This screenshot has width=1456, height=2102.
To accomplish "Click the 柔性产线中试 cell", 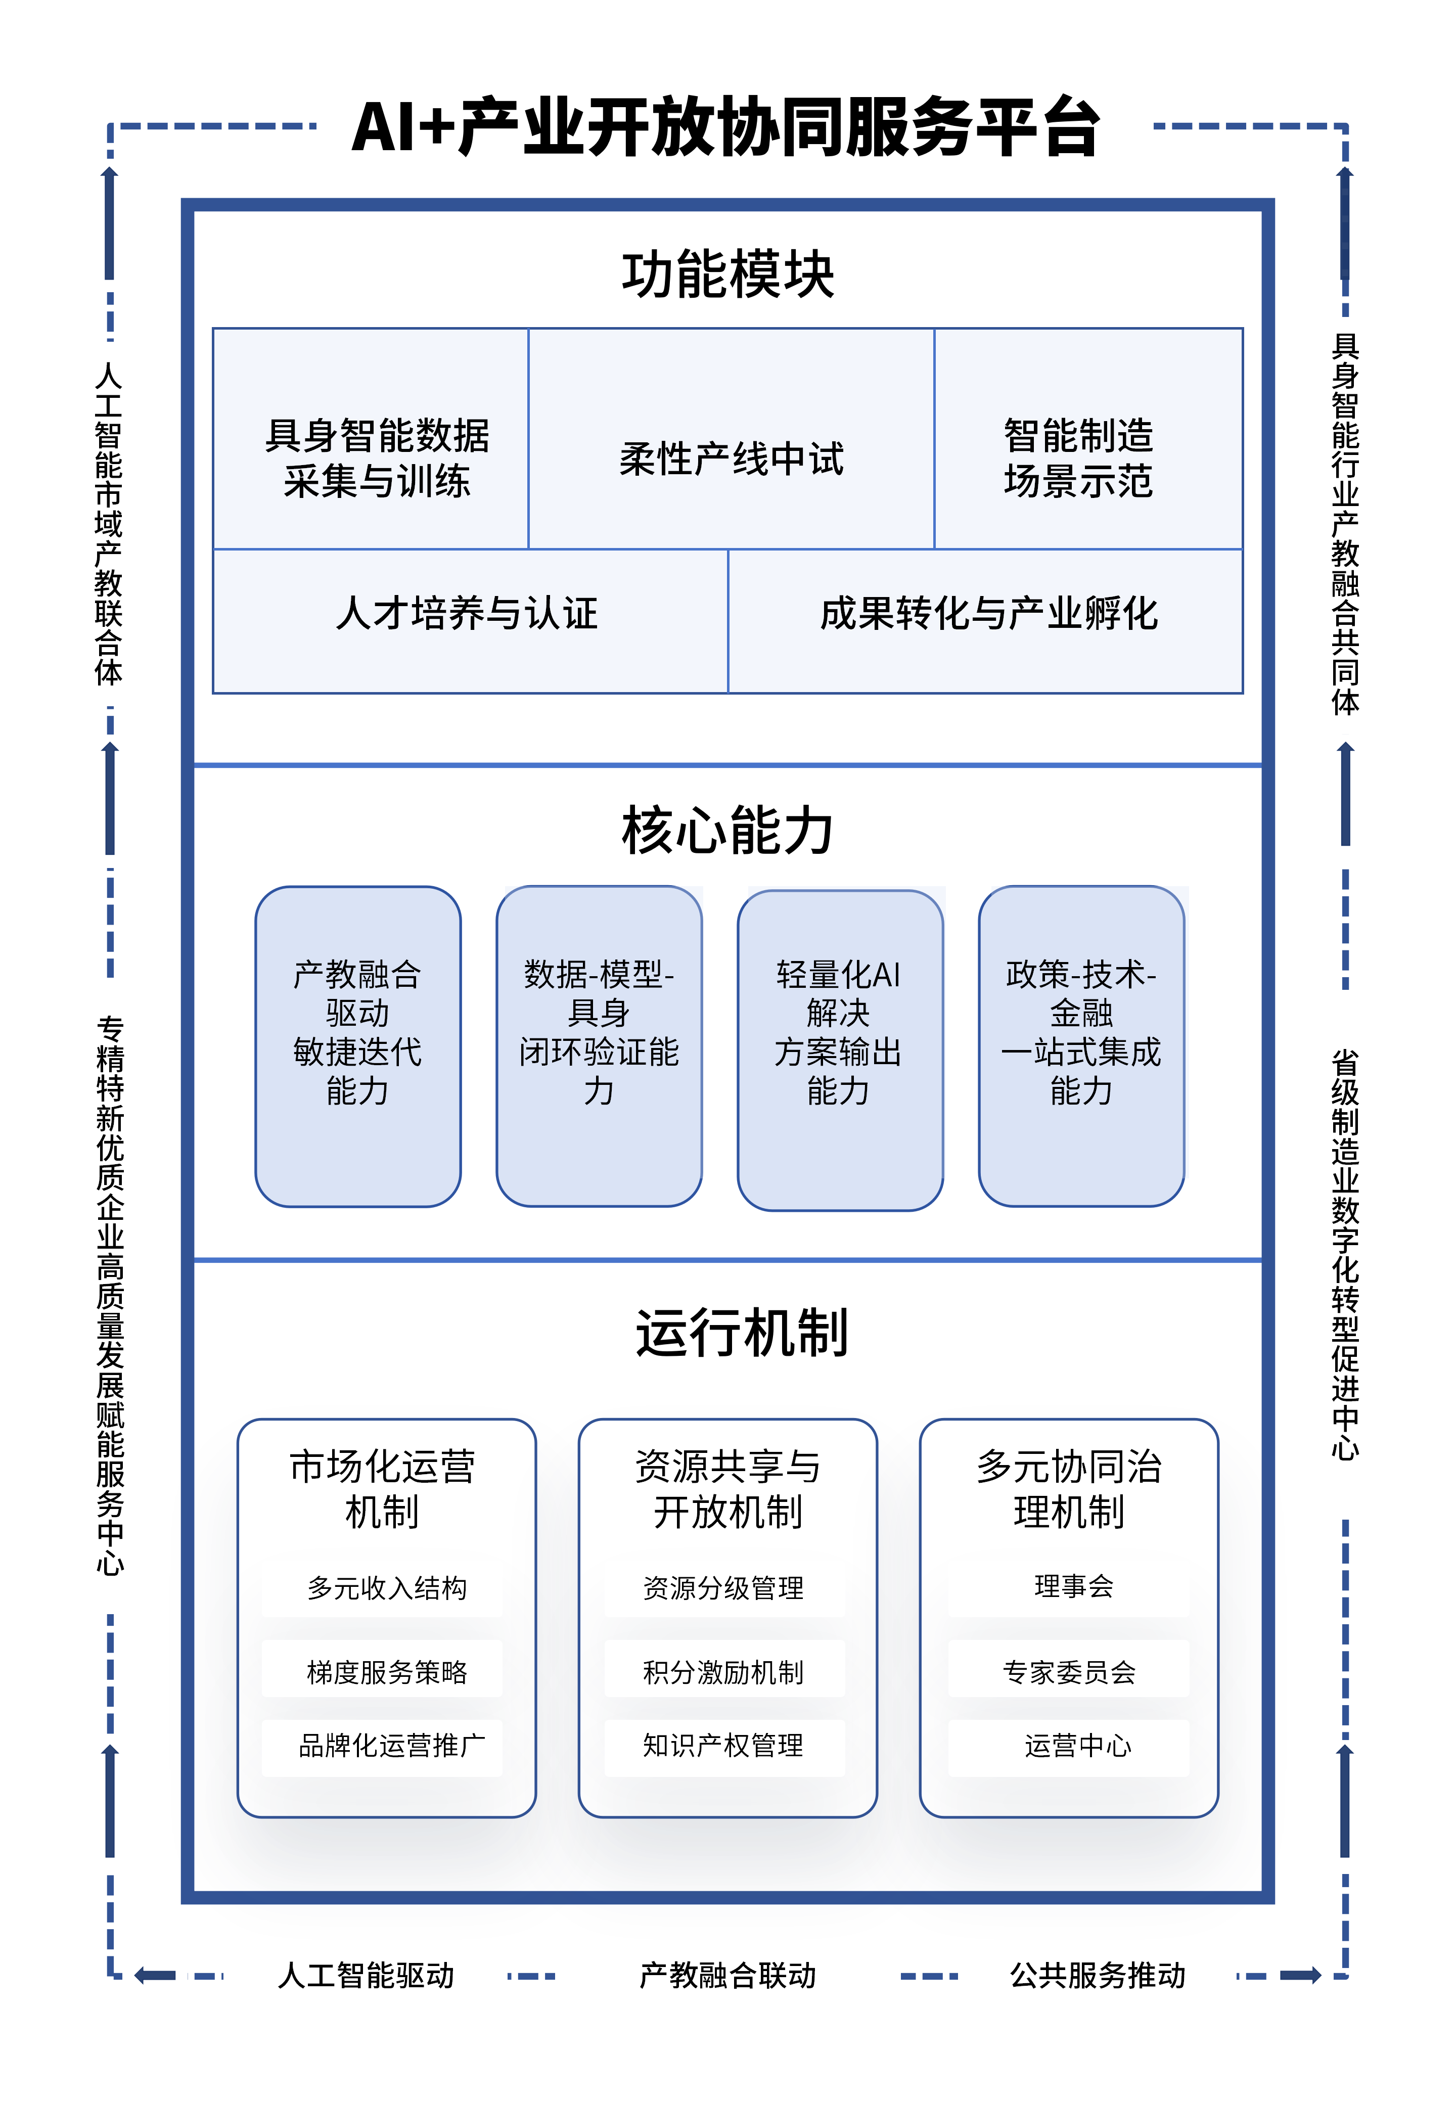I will (x=731, y=458).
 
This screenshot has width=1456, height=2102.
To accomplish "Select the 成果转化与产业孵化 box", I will (x=988, y=613).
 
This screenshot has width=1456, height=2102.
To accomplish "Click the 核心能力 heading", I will (x=727, y=830).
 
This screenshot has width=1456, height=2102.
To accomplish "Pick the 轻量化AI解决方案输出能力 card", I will (x=839, y=1049).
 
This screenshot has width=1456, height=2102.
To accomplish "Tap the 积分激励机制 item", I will (x=723, y=1671).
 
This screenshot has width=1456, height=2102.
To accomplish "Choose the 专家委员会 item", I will (x=1069, y=1671).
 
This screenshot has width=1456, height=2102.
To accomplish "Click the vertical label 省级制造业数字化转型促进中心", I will (x=1345, y=1254).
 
